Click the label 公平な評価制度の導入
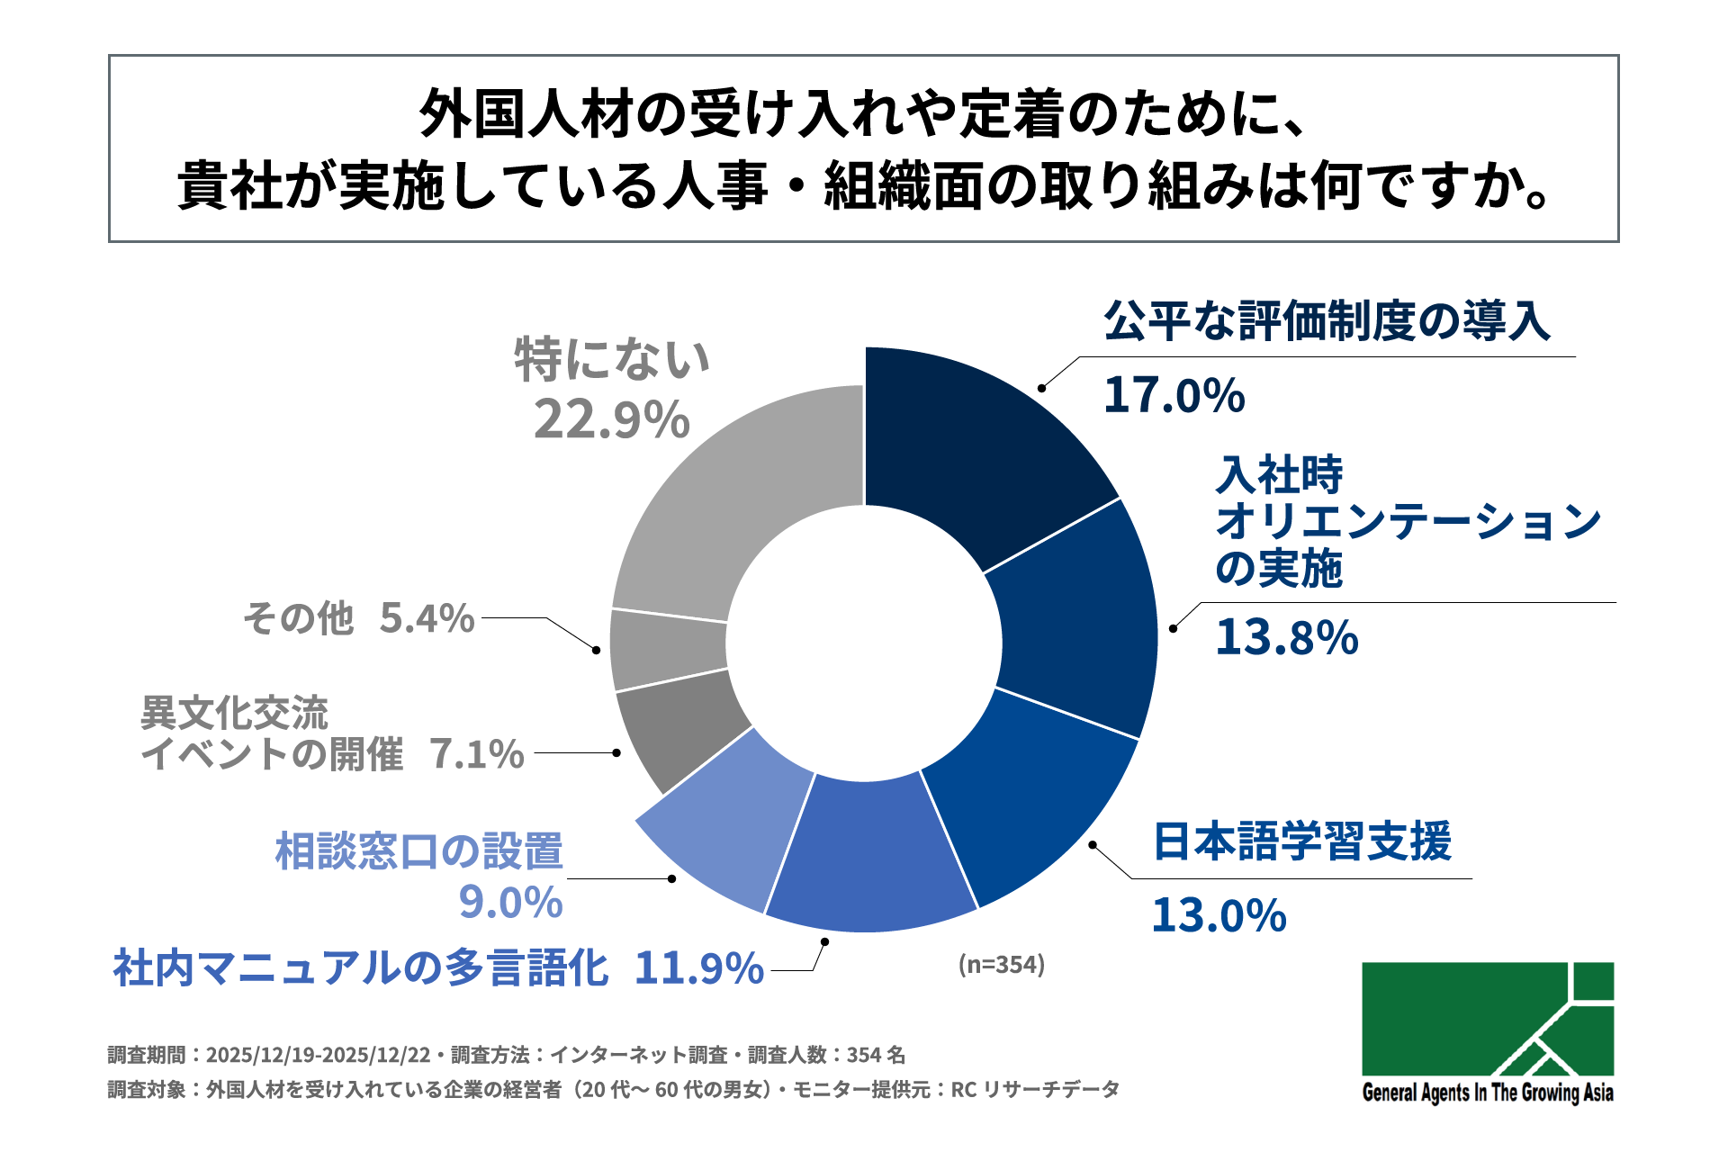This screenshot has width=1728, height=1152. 1327,321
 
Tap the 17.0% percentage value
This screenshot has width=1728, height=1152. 1174,396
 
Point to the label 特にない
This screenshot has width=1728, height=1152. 612,360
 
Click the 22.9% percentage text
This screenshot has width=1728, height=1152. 612,420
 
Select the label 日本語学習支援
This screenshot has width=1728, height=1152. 1302,841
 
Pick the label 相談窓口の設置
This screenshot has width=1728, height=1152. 419,851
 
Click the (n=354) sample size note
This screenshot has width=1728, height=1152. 1002,965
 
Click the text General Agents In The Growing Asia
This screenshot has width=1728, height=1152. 1487,1093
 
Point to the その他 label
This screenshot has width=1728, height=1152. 298,619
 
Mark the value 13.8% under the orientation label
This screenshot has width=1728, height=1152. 1287,637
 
